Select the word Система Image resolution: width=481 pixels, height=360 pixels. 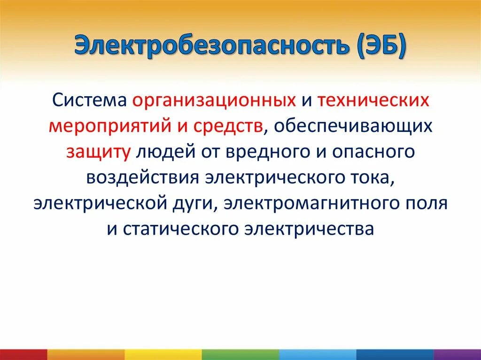(x=90, y=100)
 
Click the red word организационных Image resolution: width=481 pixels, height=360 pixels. (x=214, y=100)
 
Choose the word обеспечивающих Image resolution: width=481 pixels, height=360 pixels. (x=351, y=126)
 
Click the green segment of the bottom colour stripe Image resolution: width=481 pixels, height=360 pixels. (x=240, y=354)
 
